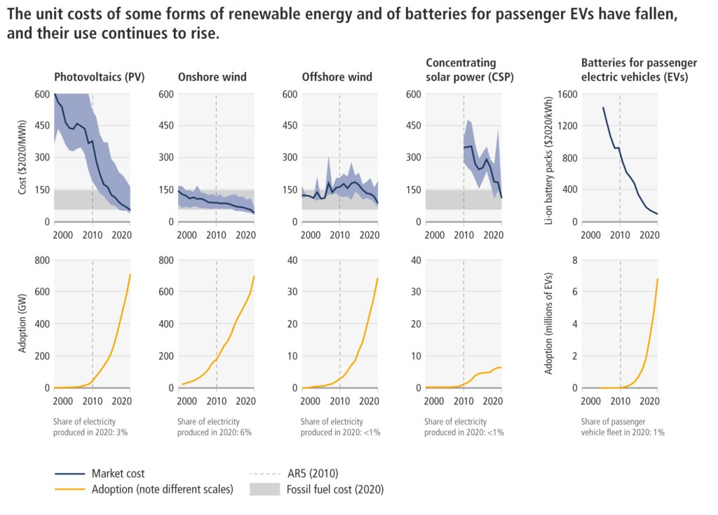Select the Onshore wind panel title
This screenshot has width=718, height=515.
(212, 77)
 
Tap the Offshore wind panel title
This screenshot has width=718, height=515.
(337, 77)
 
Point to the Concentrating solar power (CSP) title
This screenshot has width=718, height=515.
(460, 70)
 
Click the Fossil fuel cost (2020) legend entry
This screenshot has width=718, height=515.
(334, 489)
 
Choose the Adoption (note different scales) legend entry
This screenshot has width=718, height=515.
(162, 489)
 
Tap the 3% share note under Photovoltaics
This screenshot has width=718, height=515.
(90, 427)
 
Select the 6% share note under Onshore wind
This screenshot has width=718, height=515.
(215, 427)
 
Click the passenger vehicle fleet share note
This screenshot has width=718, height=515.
(623, 427)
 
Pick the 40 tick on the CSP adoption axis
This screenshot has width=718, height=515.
(414, 260)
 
